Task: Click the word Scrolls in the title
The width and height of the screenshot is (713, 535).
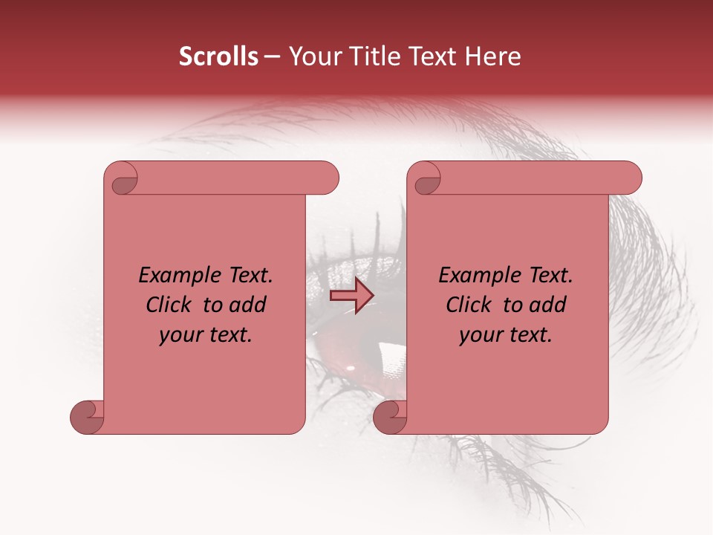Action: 218,56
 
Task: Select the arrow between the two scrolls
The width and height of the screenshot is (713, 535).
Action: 351,296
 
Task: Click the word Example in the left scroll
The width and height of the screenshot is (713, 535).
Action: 172,276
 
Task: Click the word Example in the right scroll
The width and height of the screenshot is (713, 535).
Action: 472,276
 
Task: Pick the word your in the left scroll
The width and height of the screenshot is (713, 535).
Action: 179,335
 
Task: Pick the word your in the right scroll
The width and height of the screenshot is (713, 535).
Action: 479,335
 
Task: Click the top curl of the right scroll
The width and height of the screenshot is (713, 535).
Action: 426,180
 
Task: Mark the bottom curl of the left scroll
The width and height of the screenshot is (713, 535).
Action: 86,417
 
